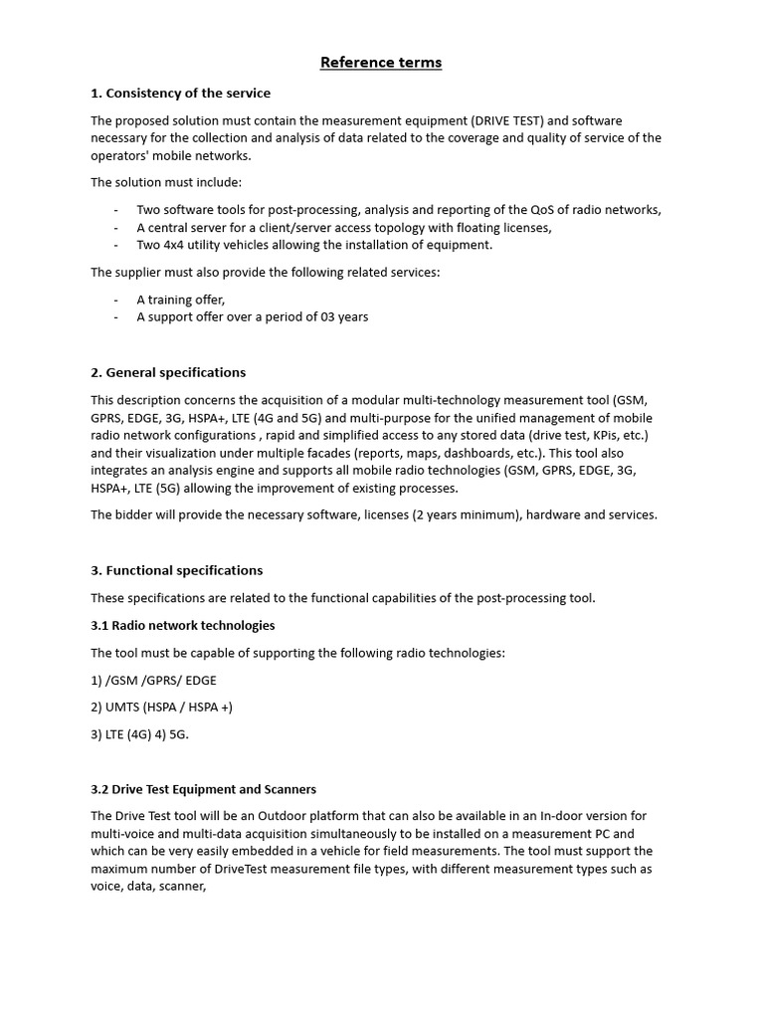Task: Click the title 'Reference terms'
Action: point(381,63)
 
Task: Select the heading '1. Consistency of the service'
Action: point(180,94)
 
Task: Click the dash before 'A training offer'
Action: point(116,300)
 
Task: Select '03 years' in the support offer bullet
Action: point(344,317)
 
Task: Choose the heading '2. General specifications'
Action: point(168,372)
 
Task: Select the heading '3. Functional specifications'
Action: point(177,570)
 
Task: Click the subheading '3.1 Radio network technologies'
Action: point(183,625)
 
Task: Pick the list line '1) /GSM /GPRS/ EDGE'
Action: point(153,680)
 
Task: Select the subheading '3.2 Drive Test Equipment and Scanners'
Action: point(204,789)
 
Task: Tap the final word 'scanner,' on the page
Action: point(182,887)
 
